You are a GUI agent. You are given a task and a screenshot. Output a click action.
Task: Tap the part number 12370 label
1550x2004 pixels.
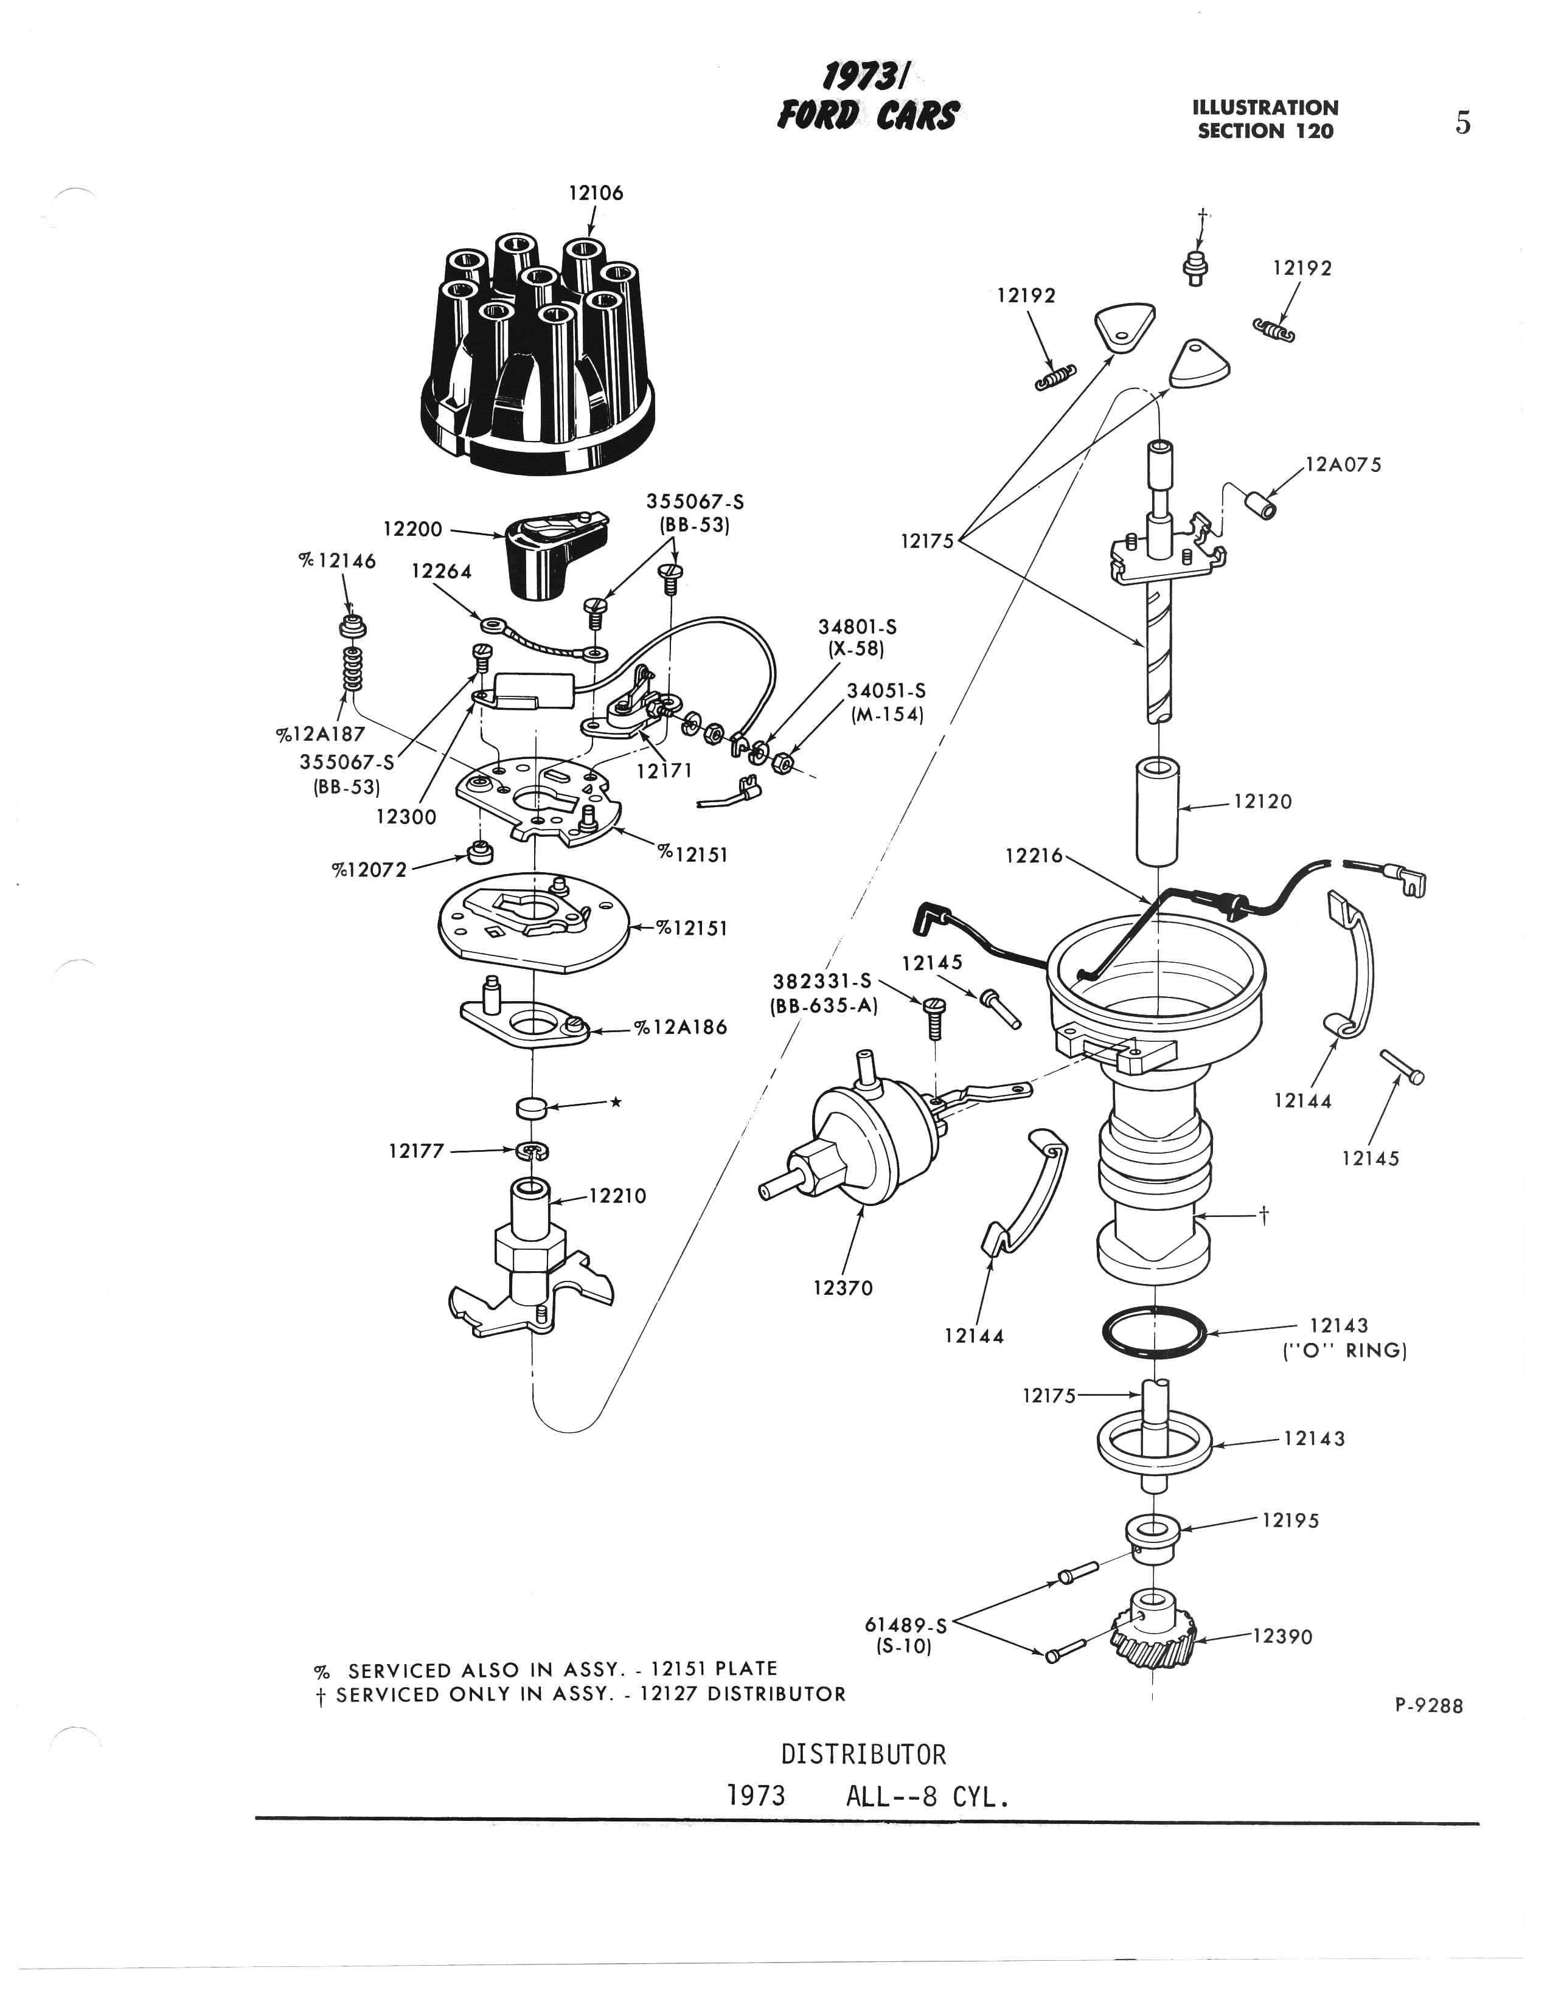[x=843, y=1288]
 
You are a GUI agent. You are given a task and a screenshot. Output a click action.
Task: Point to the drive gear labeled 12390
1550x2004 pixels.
[x=1155, y=1647]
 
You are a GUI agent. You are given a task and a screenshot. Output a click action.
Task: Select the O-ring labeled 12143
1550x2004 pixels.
[x=1155, y=1330]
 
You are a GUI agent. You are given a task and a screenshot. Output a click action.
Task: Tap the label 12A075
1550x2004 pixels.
[x=1343, y=465]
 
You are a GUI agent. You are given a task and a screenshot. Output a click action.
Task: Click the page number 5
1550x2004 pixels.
[x=1463, y=122]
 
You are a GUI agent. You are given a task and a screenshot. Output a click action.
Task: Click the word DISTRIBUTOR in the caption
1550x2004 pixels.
[x=863, y=1755]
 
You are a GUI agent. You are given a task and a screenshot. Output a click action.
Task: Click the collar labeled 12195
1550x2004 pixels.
[x=1151, y=1538]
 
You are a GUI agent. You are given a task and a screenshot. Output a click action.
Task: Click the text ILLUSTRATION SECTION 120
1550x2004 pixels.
[x=1265, y=119]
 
